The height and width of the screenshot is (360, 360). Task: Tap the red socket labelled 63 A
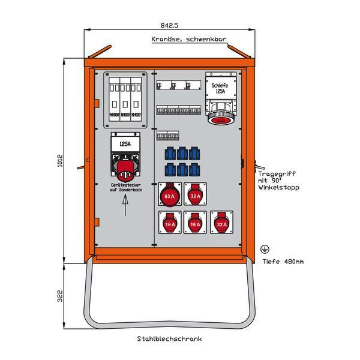169,194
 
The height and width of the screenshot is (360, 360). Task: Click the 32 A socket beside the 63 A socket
195,194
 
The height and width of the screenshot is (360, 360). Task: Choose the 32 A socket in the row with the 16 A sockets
221,223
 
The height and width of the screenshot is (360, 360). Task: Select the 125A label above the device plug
125,144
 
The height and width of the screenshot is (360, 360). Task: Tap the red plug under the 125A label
125,169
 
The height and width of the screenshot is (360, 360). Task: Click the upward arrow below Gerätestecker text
125,206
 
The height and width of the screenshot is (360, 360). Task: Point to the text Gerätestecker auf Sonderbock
125,187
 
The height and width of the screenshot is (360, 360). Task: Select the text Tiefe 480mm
283,261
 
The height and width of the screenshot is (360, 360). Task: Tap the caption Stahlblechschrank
169,339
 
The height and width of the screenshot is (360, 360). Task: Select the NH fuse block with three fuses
125,100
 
